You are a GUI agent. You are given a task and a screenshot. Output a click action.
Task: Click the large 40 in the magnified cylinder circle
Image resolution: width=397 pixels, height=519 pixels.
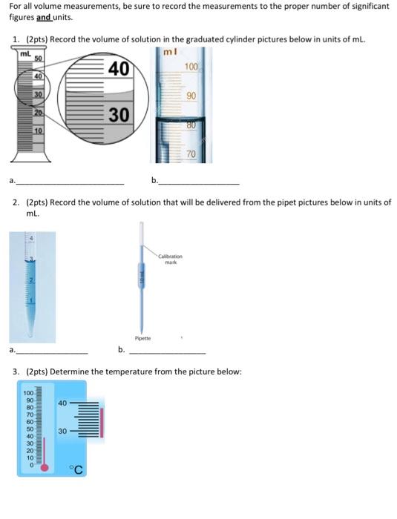click(118, 70)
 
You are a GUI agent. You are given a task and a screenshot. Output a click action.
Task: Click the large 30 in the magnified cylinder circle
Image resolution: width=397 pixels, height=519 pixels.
click(119, 115)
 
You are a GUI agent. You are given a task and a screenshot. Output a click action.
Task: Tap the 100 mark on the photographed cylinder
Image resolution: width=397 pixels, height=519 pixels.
click(191, 67)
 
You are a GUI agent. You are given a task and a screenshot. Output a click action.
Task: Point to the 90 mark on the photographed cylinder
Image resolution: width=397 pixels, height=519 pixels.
click(191, 96)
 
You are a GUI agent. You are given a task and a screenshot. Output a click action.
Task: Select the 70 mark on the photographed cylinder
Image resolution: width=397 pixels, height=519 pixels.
click(191, 153)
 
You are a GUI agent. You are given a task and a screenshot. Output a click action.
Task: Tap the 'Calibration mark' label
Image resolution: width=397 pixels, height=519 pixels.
click(170, 259)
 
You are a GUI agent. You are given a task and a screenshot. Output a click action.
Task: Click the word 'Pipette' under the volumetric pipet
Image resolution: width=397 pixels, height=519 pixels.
click(143, 338)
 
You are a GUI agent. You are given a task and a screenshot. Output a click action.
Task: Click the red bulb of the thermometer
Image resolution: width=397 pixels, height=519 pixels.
click(45, 467)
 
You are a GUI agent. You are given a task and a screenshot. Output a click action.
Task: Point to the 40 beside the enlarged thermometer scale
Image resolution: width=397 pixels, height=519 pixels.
click(62, 403)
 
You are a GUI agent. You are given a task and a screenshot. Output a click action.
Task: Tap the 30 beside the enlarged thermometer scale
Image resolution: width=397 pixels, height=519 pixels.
click(62, 431)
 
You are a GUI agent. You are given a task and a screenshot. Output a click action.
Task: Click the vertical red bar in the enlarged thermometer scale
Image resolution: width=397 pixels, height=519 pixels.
click(102, 420)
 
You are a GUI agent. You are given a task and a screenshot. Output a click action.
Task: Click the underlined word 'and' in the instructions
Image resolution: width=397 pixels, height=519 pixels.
click(45, 16)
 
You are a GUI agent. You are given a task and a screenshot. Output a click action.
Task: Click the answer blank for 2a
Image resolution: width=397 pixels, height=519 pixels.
click(52, 351)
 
